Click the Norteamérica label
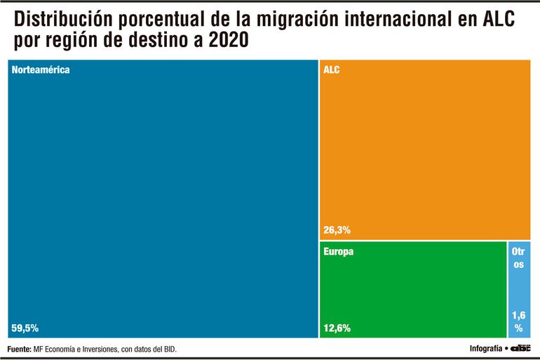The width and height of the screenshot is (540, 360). tap(41, 70)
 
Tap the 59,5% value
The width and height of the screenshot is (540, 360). tap(25, 328)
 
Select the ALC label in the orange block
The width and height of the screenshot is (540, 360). tap(332, 70)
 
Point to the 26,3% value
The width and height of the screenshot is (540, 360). tap(337, 229)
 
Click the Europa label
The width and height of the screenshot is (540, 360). tap(338, 251)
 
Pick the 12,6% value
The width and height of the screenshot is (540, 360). tap(337, 328)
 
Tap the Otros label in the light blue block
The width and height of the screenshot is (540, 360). tap(518, 258)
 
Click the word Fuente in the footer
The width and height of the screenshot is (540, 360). tap(20, 349)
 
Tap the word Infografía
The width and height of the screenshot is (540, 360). tap(485, 349)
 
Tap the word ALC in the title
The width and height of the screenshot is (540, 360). tap(496, 19)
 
